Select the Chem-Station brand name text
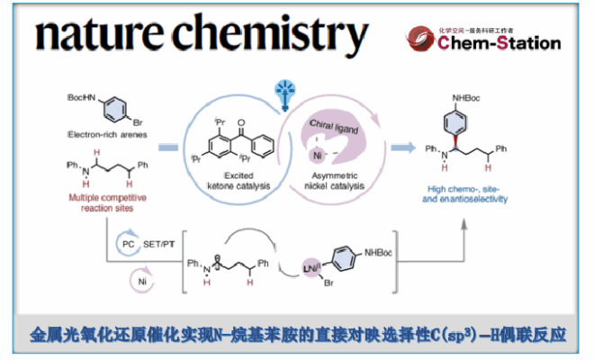pos(501,42)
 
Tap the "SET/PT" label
pos(162,244)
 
